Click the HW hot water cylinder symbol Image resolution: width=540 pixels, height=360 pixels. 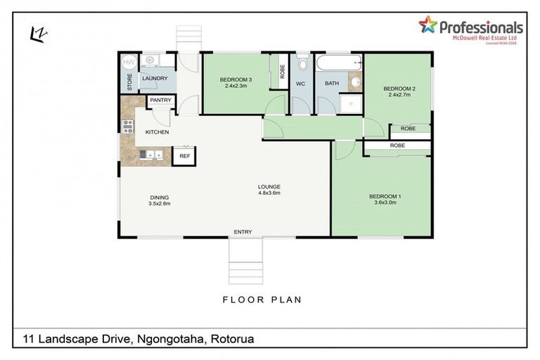coord(129,63)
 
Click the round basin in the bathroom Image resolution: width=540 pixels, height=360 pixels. coord(354,83)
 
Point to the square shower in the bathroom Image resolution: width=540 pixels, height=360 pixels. coord(349,104)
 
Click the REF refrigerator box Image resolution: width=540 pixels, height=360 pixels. coord(184,155)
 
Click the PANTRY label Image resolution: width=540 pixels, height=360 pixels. coord(160,101)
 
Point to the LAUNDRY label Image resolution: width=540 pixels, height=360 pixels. coord(154,79)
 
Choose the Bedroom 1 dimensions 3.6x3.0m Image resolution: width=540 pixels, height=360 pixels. coord(385,202)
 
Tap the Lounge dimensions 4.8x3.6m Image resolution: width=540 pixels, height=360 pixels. coord(269,192)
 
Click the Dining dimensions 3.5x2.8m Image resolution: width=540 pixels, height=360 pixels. coord(160,203)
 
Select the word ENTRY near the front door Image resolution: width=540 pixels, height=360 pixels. coord(243,231)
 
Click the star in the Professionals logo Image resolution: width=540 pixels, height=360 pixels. coord(427,25)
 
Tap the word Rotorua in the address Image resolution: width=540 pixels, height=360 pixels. coord(232,340)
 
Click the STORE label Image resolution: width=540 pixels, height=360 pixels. coord(129,83)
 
